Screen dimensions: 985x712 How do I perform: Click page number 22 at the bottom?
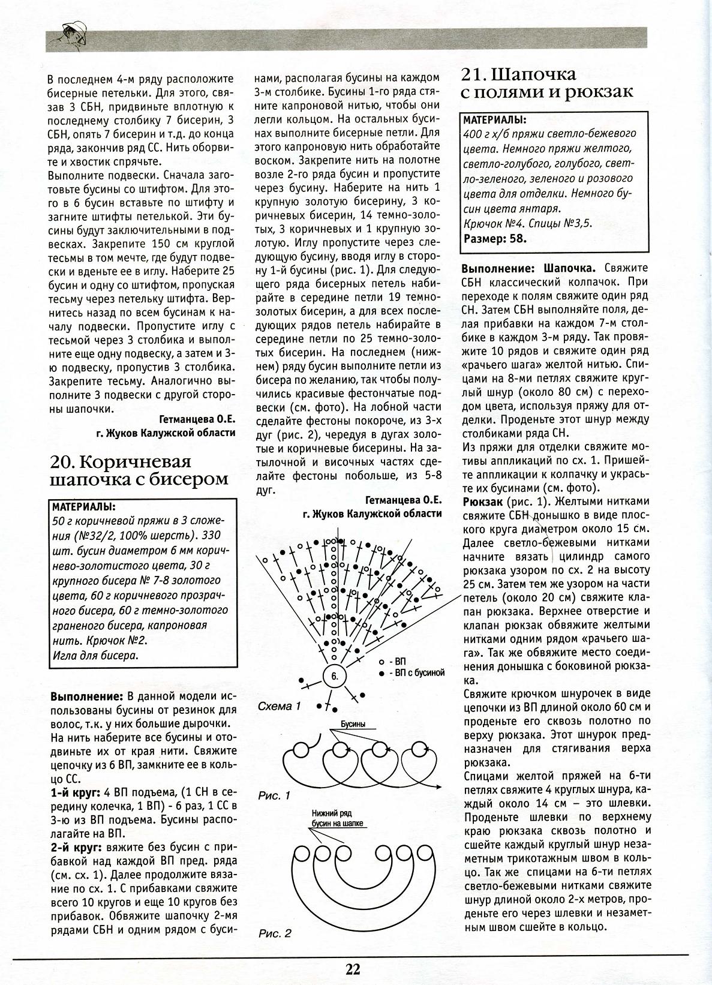coord(352,969)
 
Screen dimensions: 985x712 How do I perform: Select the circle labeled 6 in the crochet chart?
coord(334,676)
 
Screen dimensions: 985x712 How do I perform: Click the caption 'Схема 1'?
coord(279,706)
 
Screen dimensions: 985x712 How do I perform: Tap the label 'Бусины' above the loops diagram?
coord(353,724)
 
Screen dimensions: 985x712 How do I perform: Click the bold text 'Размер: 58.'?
coord(495,238)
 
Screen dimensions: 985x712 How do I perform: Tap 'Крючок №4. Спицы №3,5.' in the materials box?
coord(528,223)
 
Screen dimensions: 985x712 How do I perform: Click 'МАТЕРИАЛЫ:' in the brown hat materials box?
coord(84,506)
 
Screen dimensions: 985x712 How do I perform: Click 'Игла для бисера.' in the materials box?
coord(95,655)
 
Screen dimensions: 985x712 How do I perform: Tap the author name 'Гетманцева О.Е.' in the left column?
coord(197,419)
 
